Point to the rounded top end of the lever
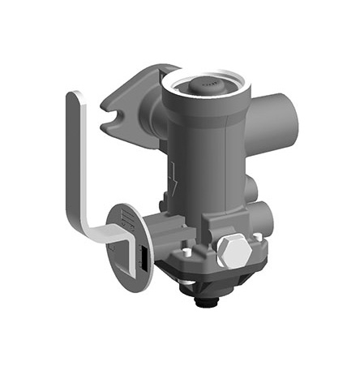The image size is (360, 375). pos(75,101)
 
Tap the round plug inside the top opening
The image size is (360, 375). pos(203,84)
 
